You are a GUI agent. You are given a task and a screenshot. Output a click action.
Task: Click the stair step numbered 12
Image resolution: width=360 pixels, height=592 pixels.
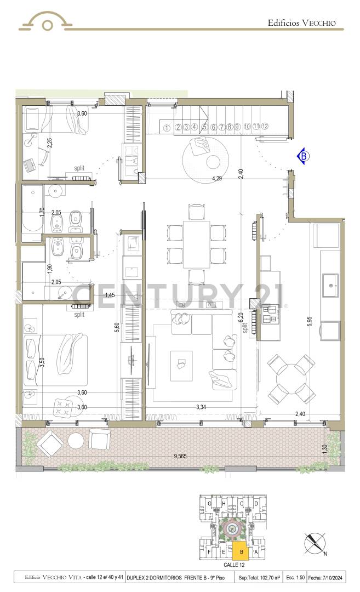tap(265, 127)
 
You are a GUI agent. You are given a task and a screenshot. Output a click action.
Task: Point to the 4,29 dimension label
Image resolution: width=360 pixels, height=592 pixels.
tap(217, 178)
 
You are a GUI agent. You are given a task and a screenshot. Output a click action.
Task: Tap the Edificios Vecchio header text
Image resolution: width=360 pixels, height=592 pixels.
tap(305, 23)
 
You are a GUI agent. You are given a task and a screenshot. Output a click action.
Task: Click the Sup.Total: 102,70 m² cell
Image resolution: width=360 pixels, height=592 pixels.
tap(260, 577)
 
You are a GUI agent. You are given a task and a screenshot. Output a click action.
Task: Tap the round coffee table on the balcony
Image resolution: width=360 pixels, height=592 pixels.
tap(75, 441)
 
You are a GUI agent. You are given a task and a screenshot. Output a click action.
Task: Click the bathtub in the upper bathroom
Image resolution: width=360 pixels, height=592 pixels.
tap(32, 209)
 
